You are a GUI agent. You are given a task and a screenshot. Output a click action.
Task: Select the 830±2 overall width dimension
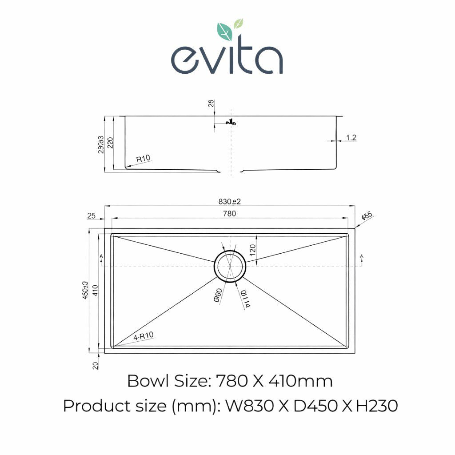click(229, 201)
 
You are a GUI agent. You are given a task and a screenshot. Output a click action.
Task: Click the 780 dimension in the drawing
click(229, 214)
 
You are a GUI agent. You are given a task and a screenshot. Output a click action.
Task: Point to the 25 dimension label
click(92, 216)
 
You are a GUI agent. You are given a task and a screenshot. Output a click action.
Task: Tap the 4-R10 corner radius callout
click(143, 336)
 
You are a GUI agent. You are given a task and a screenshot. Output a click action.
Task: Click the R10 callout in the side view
click(143, 158)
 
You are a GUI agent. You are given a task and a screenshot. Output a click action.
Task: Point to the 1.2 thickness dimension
click(351, 138)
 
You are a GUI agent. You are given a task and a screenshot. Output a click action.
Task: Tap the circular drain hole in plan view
click(230, 265)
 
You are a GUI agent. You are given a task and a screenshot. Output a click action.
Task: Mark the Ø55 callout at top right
click(367, 217)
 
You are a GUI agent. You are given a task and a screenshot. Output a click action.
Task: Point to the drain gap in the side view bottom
click(230, 171)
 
